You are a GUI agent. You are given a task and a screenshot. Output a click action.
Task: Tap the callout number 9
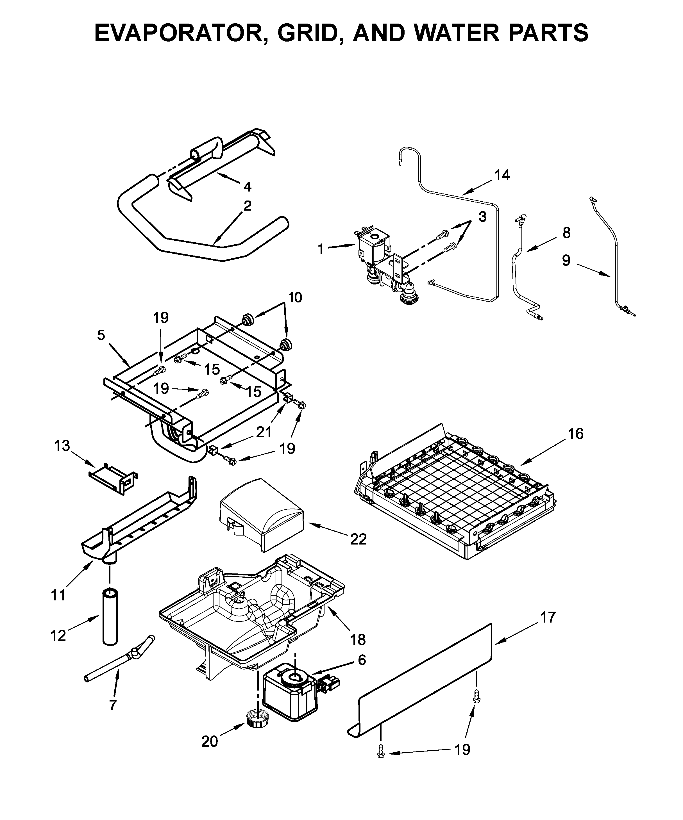(x=566, y=260)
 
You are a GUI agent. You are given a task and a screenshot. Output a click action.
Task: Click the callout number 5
(x=101, y=335)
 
